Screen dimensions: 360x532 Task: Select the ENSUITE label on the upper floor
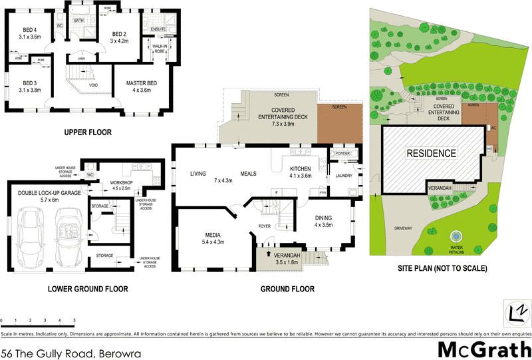pos(158,30)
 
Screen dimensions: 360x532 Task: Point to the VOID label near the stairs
pos(94,85)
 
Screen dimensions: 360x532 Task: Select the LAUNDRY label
pos(343,176)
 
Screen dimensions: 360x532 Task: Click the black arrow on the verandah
pos(269,253)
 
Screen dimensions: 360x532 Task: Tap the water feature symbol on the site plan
pos(456,237)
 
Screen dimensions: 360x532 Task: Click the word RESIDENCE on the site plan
pos(432,153)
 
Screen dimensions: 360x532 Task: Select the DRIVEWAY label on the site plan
pos(402,228)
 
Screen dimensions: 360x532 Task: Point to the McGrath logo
pos(483,349)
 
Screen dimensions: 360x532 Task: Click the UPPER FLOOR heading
pos(88,132)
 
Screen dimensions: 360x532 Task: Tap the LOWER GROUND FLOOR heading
pos(88,289)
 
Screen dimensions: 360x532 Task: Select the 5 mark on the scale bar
pos(74,320)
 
